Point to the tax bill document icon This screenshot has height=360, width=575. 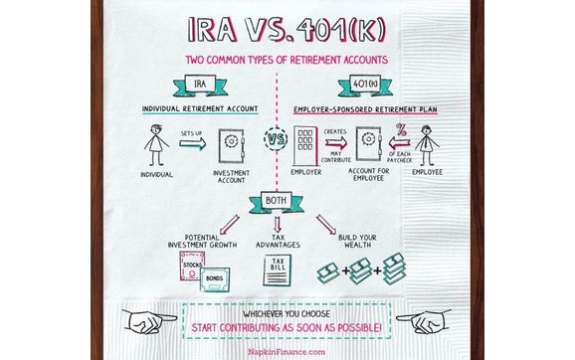(277, 270)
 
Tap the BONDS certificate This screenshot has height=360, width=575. (212, 280)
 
